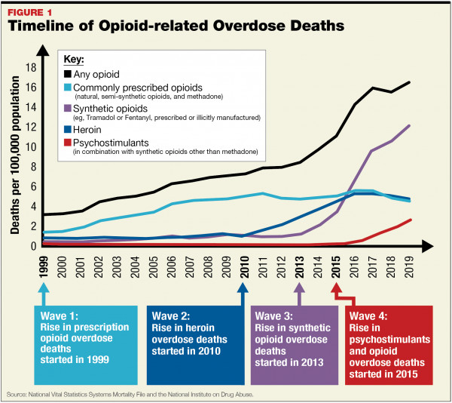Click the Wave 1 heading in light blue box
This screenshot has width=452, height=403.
pos(60,317)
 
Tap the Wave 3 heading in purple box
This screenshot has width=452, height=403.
pos(275,315)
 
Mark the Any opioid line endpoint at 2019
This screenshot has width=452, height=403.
pos(409,82)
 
